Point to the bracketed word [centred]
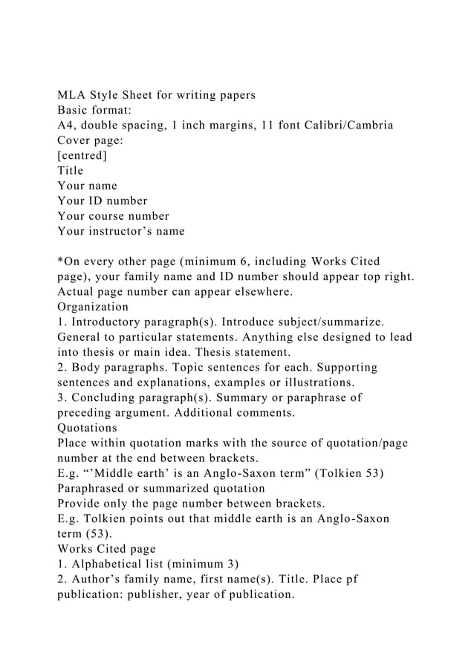82,155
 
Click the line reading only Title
71,170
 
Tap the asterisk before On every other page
60,261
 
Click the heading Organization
93,307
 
